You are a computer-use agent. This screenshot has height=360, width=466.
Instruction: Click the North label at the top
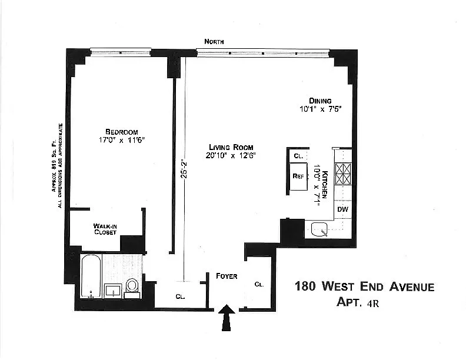214,42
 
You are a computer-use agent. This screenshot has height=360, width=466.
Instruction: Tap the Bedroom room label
122,132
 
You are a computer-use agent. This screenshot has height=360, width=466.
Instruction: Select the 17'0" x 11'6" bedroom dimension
122,140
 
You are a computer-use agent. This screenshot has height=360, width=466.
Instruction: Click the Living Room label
231,147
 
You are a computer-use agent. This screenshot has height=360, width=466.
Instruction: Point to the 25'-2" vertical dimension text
185,171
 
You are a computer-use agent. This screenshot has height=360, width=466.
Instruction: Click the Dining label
320,101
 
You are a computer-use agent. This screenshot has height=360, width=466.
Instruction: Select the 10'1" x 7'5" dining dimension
320,109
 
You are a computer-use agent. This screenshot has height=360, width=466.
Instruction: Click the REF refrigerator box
298,176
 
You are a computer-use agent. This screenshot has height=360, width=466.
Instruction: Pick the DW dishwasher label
342,209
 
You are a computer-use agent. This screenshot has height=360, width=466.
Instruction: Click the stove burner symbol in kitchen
343,174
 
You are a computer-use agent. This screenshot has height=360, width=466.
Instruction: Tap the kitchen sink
319,229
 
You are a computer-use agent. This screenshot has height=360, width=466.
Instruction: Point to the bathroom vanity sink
113,290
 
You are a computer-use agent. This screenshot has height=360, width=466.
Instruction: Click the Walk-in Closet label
105,229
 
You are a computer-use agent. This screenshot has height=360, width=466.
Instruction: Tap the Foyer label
227,276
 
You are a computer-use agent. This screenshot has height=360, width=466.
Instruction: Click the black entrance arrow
227,317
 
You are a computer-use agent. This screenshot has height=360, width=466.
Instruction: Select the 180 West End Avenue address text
364,286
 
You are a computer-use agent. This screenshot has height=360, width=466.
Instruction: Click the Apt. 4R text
358,303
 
